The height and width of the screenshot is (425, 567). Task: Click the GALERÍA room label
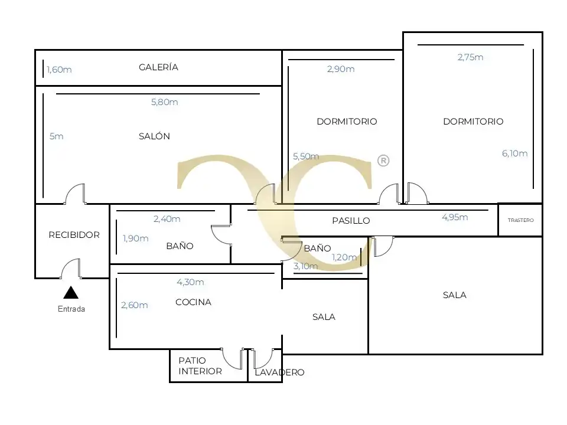coord(158,67)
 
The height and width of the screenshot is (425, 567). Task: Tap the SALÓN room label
coord(154,136)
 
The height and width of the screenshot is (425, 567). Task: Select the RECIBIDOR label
coord(74,235)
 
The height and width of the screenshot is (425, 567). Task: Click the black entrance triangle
coord(71,292)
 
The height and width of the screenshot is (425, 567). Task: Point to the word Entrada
coord(71,309)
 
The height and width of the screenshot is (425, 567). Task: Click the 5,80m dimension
coord(165,102)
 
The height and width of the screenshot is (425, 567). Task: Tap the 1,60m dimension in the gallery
coord(59,70)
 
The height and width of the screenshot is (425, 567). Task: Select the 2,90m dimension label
coord(341,69)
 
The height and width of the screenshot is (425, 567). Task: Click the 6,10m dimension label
coord(514,153)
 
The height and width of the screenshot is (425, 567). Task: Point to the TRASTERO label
coord(521,220)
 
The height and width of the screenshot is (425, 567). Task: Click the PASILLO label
coord(351,220)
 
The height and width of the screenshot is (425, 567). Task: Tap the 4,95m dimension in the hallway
coord(455,217)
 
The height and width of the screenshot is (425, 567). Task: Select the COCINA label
coord(194,302)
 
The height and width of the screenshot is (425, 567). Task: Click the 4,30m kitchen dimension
coord(190,282)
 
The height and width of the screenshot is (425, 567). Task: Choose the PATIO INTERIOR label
coord(200,366)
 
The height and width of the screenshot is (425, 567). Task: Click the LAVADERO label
coord(279,372)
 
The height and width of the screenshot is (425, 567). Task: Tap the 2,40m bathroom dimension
coord(167,218)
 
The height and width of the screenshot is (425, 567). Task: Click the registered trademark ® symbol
coord(383,161)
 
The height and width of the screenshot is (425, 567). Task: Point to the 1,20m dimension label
coord(344,257)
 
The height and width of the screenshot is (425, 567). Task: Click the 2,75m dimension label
coord(471,57)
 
